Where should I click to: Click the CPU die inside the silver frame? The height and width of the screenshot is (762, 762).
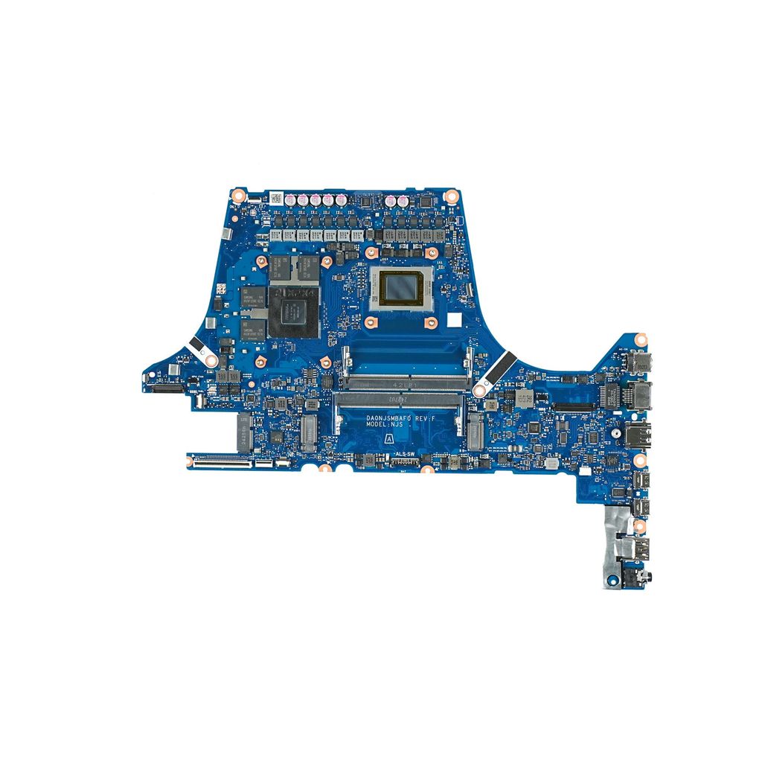[401, 289]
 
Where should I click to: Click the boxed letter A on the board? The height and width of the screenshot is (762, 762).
[388, 439]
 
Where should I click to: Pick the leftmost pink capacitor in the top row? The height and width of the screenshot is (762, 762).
[290, 199]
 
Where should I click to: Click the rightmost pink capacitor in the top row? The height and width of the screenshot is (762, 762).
[403, 200]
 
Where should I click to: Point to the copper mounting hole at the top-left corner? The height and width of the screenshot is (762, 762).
[237, 195]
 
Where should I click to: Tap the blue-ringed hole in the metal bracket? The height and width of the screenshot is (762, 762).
[610, 577]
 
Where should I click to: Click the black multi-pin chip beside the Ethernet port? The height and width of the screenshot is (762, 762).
[612, 395]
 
